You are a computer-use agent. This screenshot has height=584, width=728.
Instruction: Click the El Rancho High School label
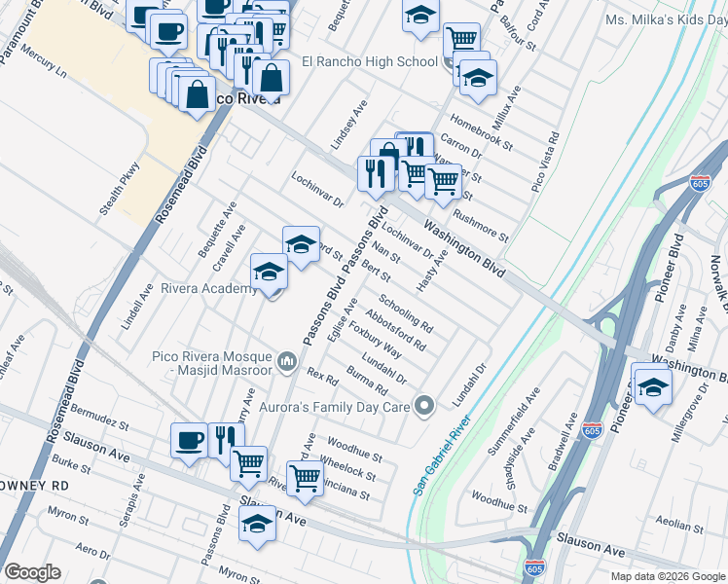coord(370,62)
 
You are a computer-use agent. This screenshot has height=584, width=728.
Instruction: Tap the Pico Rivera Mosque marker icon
coord(286,363)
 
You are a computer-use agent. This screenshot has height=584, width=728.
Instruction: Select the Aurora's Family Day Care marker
coord(422,405)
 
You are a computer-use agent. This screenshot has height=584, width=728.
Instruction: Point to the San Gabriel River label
coord(441,456)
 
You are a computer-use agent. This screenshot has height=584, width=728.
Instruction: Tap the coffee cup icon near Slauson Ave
coord(188,439)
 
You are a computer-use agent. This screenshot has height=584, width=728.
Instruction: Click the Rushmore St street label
coord(481,223)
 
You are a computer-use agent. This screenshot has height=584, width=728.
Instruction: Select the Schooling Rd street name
coord(406,313)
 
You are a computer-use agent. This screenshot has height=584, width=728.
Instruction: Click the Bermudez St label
coord(99,424)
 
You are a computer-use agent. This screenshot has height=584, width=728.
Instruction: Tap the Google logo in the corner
coord(32,572)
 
